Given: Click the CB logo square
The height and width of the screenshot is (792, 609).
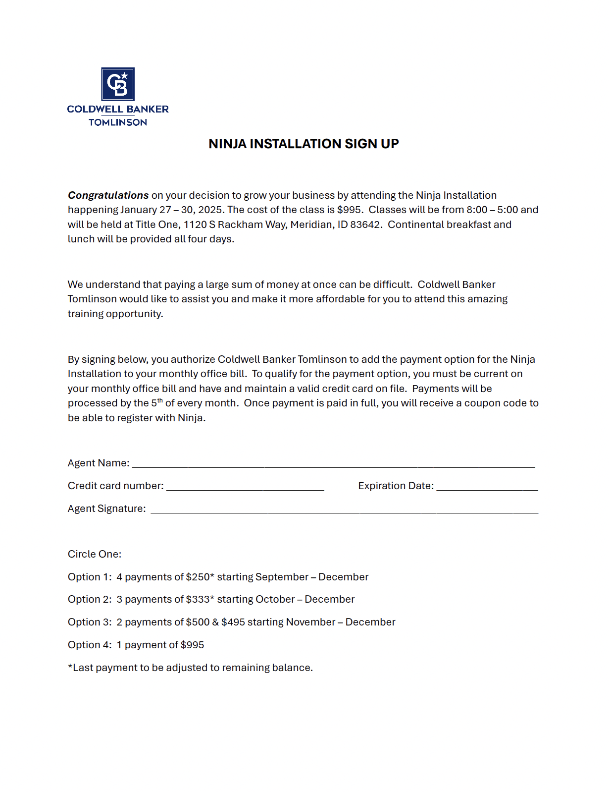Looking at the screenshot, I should [x=118, y=84].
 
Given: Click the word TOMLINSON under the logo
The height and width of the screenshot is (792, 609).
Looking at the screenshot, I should [x=118, y=122].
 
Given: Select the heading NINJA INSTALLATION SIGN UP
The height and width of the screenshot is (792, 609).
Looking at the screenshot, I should [x=304, y=144].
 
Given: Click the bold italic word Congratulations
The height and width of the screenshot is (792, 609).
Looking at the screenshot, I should [x=108, y=195].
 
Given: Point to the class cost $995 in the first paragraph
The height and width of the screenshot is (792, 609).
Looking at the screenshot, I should [x=350, y=210].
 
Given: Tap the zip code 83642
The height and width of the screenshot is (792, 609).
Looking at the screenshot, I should [x=365, y=225].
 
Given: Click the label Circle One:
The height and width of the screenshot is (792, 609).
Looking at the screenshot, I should [x=95, y=554].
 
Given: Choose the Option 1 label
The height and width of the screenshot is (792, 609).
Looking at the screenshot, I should [x=90, y=577].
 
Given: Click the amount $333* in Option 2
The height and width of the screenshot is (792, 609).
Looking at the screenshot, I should [x=200, y=599].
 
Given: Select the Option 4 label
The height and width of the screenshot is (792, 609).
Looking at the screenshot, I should [x=90, y=645].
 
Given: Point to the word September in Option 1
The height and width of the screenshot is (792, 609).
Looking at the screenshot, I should [x=282, y=577].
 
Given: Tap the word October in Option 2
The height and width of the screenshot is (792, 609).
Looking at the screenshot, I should [x=275, y=599].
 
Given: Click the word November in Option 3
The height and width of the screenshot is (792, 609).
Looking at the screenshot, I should [x=310, y=622].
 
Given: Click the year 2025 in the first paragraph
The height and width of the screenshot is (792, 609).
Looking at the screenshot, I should [x=210, y=210].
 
